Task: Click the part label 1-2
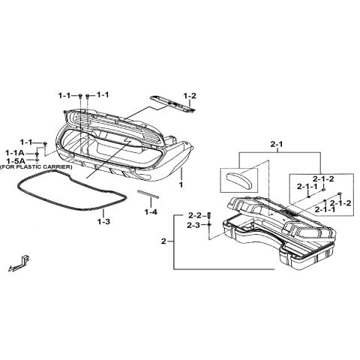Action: (x=190, y=96)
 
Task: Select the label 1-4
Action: (x=151, y=212)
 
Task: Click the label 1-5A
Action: (x=15, y=160)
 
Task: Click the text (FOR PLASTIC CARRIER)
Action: (x=36, y=167)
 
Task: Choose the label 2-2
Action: (x=195, y=215)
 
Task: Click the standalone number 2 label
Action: (x=163, y=241)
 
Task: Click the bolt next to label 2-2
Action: (x=209, y=216)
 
